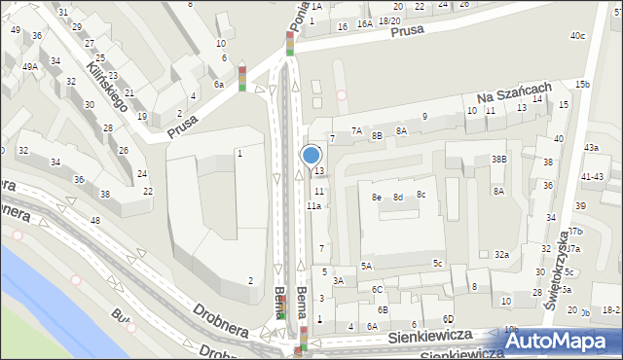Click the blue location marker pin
point(311,156)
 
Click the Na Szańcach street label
point(515,94)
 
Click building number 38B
point(498,159)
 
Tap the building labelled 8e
point(376,197)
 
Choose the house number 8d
point(398,197)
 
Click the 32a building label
point(501,254)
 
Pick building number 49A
point(31,66)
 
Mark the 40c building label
point(578,36)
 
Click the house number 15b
point(582,85)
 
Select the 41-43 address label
point(592,176)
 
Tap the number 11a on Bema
point(313,206)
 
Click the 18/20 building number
point(389,20)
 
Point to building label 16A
point(364,24)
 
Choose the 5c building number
point(438,264)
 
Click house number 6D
point(448,319)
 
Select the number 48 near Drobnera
point(94,221)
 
